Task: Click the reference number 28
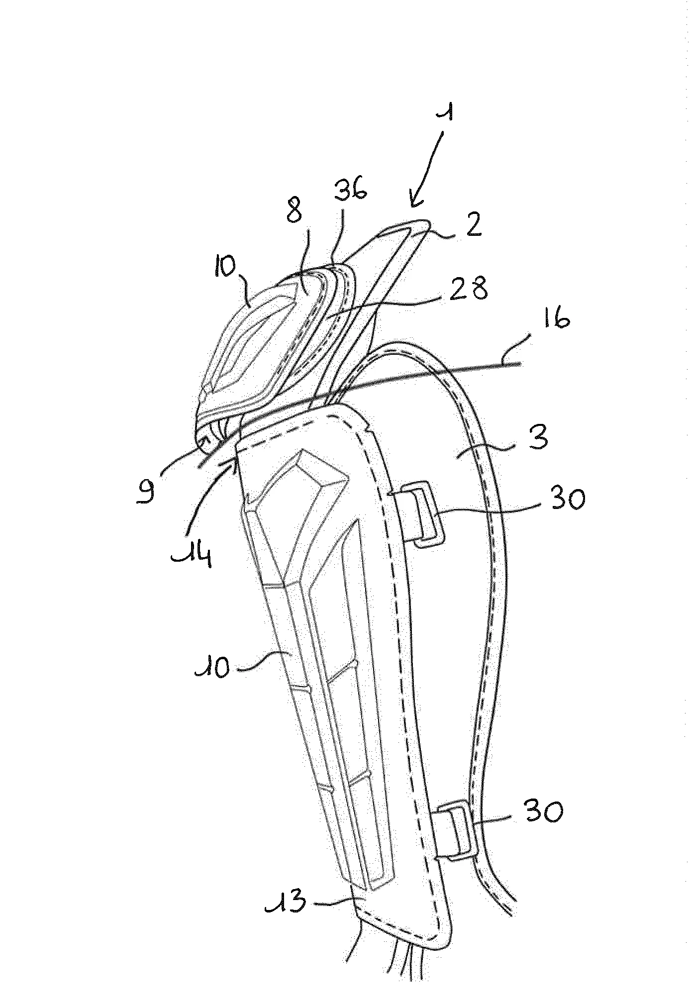click(468, 288)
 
